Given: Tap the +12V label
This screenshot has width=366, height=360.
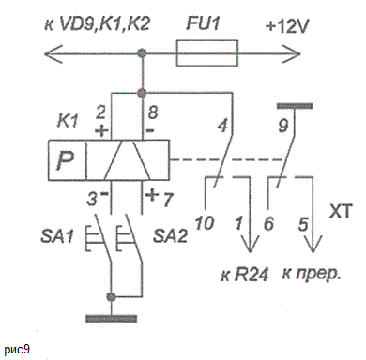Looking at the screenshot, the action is tap(287, 26).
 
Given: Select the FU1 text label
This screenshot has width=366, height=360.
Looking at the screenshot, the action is tap(204, 23).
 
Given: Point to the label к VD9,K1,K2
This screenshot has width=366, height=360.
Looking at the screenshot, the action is tap(98, 23).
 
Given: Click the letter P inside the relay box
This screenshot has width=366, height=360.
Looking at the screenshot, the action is tap(67, 161).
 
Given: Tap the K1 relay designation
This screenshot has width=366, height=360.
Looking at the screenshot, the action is tap(68, 121).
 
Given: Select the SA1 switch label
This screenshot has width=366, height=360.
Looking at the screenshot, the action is tap(57, 235).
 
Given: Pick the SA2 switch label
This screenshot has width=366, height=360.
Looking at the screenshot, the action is tap(170, 235).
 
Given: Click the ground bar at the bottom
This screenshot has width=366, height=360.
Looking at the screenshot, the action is tap(111, 319).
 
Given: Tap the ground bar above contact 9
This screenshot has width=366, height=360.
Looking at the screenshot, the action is tap(295, 106).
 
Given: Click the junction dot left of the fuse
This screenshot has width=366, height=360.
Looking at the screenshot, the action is tap(143, 53).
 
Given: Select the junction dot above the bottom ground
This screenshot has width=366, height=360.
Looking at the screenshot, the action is tap(111, 296).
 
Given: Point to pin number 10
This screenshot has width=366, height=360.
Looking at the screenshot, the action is tap(205, 223).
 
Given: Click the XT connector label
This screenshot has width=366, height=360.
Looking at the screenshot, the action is tap(341, 211).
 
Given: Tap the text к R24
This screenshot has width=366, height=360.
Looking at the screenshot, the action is tap(244, 276).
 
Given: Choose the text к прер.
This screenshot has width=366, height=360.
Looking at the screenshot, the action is tap(312, 275).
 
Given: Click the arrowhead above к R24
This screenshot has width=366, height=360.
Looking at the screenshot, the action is tap(250, 243).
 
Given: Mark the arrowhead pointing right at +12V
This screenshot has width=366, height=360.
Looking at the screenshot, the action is tap(292, 53).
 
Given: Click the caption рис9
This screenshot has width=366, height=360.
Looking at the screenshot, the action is tap(17, 350).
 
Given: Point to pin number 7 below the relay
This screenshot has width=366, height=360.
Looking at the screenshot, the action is tap(168, 200).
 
